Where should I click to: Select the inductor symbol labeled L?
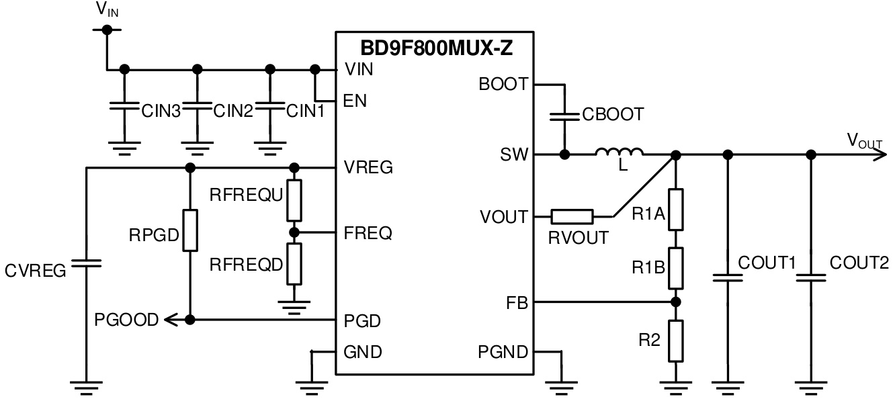619,154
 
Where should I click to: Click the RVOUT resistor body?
572,216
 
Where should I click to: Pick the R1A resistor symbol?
676,210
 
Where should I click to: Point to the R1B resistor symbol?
676,267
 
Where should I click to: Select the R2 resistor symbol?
676,341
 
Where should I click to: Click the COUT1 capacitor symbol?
726,277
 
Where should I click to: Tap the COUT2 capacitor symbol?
811,277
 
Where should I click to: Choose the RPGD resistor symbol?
190,230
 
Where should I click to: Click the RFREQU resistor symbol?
294,200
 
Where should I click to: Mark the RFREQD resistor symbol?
294,264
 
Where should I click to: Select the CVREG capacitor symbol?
86,263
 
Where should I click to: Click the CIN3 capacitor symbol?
124,107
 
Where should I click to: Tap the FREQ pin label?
368,234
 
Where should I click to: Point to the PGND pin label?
503,351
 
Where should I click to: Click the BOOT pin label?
504,85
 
